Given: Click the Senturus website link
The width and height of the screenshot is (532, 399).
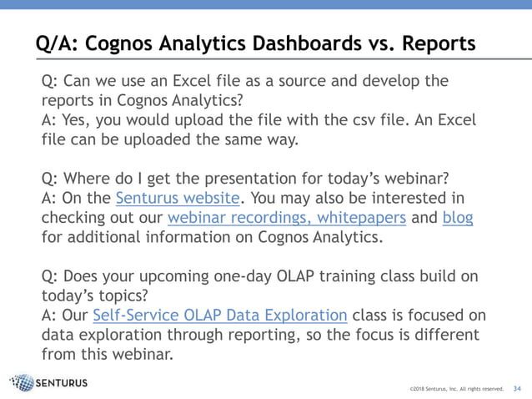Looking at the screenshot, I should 178,198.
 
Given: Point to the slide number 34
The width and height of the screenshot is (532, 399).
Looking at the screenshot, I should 517,388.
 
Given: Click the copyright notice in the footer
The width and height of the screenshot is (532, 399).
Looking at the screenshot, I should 456,389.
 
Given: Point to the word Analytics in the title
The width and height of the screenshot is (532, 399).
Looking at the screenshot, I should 176,42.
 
